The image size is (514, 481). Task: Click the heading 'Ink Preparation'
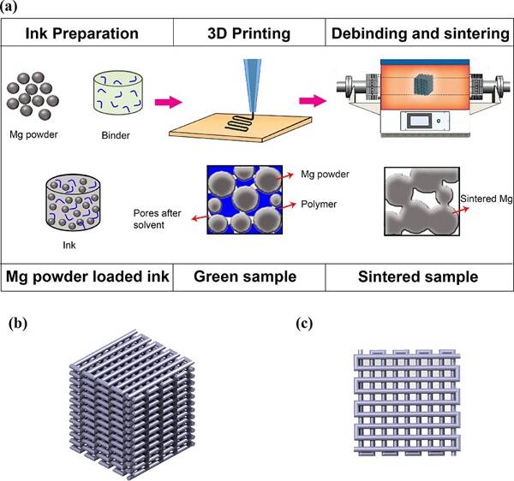click(x=82, y=35)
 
